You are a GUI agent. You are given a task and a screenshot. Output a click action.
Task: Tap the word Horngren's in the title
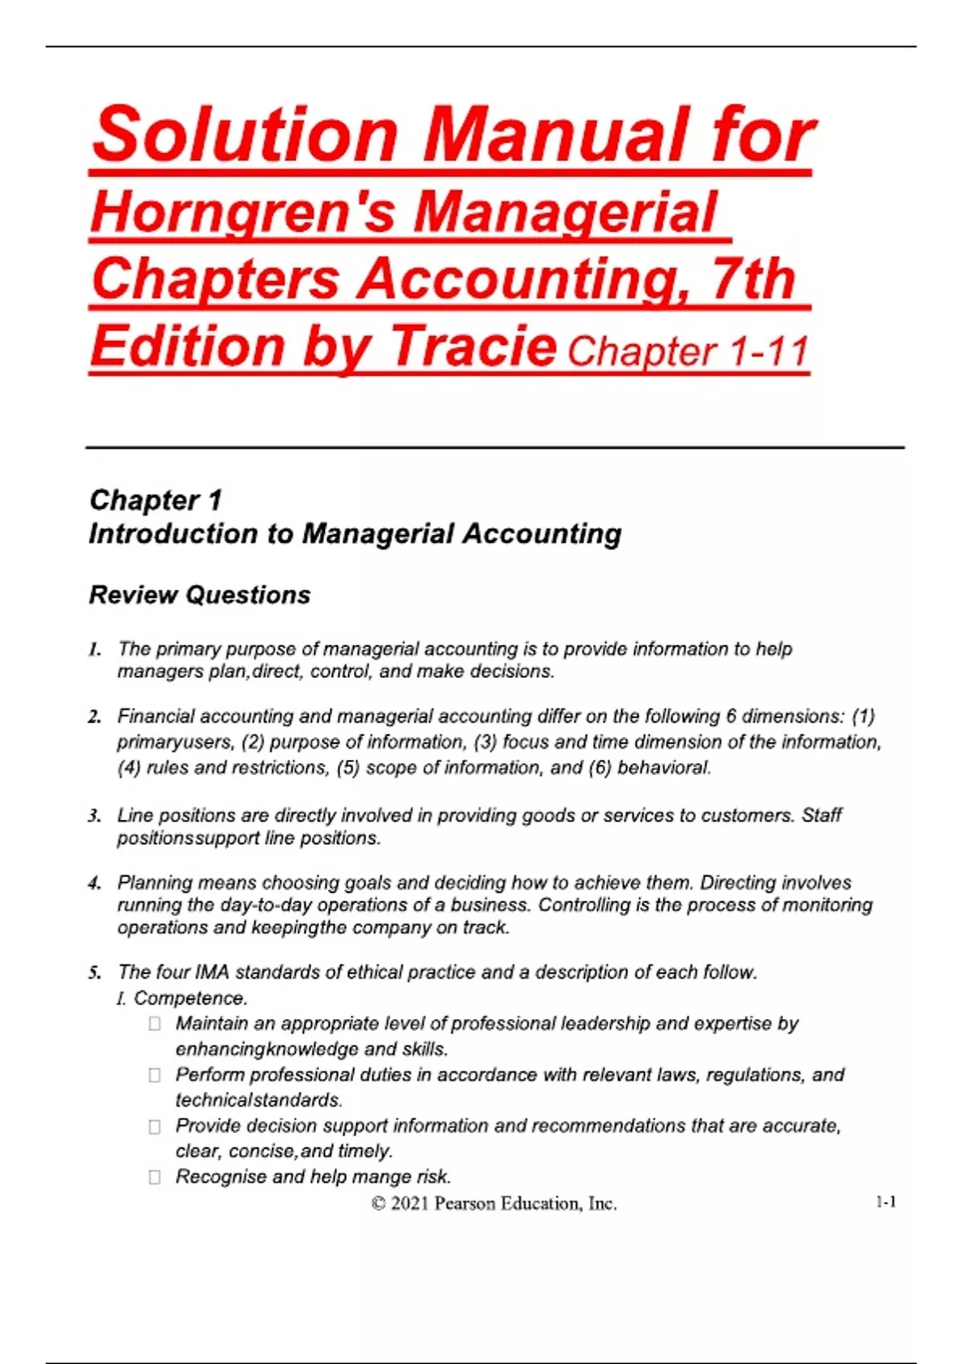(242, 213)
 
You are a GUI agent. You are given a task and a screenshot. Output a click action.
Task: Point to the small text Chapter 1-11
(688, 352)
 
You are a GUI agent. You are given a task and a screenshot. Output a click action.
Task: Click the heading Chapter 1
(155, 500)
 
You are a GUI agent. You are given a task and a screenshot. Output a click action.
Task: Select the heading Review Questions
(199, 595)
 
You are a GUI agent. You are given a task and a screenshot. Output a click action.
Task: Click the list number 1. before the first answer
(95, 649)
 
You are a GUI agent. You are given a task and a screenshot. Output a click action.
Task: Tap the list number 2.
(95, 717)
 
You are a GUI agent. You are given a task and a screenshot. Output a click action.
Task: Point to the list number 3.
(95, 816)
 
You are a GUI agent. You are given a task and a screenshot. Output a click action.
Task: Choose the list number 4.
(95, 883)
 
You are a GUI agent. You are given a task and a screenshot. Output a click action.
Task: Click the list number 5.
(95, 973)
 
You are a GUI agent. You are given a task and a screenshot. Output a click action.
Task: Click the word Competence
(190, 998)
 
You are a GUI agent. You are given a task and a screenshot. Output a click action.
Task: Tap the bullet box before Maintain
(155, 1024)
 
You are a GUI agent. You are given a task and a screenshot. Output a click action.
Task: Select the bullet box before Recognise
(155, 1177)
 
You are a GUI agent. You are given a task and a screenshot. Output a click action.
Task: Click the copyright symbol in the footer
(378, 1204)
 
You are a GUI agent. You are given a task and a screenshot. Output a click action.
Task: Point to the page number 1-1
(885, 1202)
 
